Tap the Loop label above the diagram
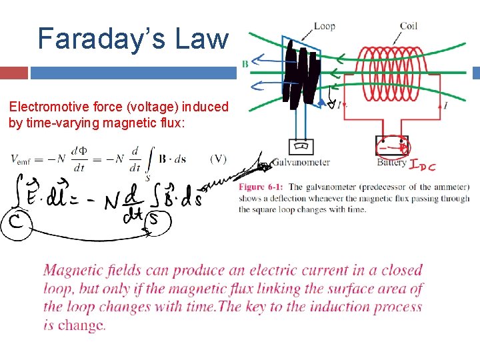click(x=324, y=26)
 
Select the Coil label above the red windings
click(x=409, y=26)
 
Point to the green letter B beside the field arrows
click(x=245, y=64)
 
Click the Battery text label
click(x=391, y=162)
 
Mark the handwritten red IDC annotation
click(x=423, y=165)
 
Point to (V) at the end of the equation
click(x=218, y=159)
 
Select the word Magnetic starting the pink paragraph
click(x=72, y=271)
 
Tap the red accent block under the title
click(x=14, y=73)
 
